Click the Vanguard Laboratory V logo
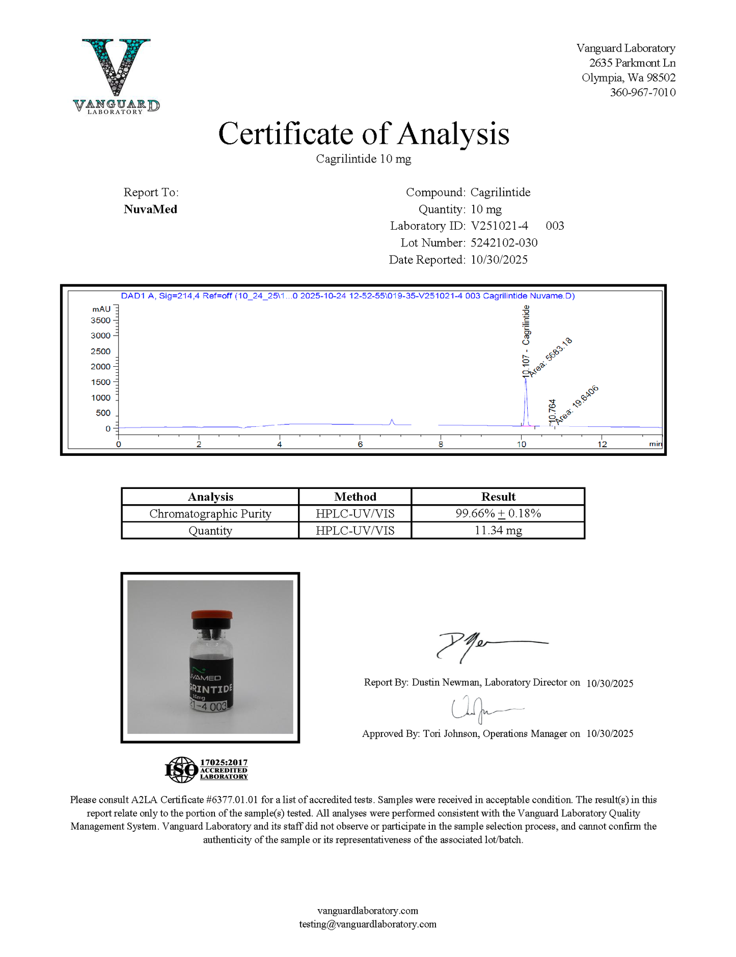(x=116, y=75)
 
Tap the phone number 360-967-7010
(x=643, y=92)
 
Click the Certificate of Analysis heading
(x=364, y=134)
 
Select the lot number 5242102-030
(x=504, y=242)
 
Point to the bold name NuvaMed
(x=150, y=209)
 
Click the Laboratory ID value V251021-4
(x=499, y=226)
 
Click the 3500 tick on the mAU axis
(x=100, y=320)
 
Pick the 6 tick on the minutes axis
(x=360, y=444)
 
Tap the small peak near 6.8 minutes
(x=392, y=421)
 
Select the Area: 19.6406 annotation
(x=577, y=405)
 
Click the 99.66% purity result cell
(x=498, y=513)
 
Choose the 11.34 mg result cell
(x=498, y=530)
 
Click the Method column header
(x=355, y=497)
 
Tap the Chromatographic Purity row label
(x=210, y=513)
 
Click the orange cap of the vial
(x=212, y=615)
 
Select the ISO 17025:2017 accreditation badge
(x=206, y=770)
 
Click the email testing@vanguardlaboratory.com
(x=368, y=924)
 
